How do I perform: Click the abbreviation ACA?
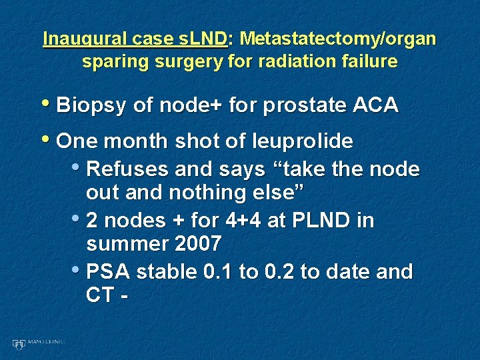click(376, 105)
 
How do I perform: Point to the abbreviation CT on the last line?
click(101, 295)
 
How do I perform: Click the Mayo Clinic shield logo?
click(18, 344)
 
